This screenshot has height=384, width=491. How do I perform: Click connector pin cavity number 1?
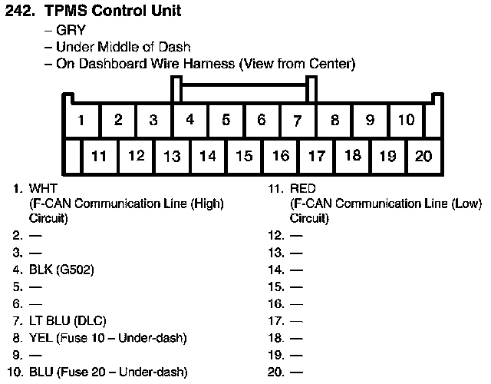[x=81, y=121]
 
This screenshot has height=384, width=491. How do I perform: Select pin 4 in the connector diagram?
[x=189, y=120]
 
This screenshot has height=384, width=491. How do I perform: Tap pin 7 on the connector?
[x=297, y=120]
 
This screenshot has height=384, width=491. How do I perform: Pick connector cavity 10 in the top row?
[x=407, y=120]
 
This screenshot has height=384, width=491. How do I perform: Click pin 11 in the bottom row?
[x=99, y=157]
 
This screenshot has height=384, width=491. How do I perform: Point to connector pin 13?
[x=172, y=157]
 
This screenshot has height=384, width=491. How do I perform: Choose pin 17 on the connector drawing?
[x=316, y=157]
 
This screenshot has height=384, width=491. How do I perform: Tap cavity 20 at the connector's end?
[x=423, y=157]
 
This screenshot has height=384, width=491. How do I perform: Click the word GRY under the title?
[x=70, y=31]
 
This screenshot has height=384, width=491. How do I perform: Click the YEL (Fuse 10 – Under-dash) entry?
[x=108, y=338]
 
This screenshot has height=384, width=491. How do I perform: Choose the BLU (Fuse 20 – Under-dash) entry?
[x=108, y=372]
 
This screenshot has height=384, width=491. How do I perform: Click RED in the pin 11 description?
[x=303, y=187]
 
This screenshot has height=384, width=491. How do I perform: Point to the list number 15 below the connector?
[x=276, y=287]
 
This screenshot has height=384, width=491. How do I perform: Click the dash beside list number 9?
[x=35, y=355]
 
